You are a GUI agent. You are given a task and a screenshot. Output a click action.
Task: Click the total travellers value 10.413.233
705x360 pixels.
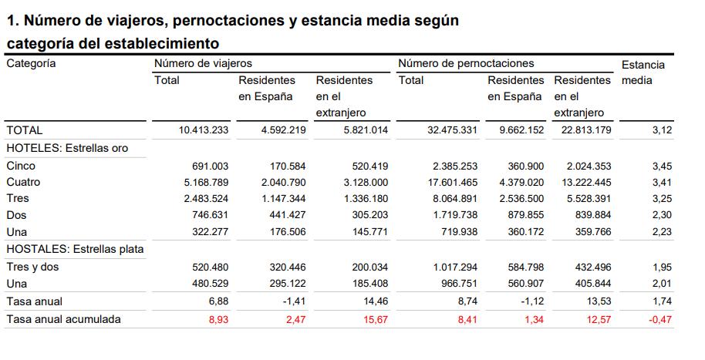204,130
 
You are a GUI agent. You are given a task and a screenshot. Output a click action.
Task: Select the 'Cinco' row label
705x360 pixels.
21,166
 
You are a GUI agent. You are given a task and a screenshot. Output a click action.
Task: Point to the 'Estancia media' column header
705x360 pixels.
643,72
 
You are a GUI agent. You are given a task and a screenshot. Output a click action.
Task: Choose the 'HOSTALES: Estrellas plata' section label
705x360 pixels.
75,249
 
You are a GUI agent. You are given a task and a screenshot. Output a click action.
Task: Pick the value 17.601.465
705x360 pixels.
452,183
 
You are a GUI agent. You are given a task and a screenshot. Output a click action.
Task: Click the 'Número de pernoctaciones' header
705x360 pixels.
466,63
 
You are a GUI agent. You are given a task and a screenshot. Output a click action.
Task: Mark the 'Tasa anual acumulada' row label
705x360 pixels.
63,318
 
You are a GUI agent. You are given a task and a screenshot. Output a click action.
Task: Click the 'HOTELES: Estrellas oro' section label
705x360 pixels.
66,147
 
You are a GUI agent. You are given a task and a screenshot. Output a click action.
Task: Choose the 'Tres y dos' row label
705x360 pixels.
32,267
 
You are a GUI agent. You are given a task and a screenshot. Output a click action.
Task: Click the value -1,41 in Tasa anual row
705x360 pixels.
293,301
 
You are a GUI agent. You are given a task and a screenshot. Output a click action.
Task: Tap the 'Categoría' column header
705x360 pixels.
31,63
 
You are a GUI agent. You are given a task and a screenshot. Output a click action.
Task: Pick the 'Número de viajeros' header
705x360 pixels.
203,63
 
